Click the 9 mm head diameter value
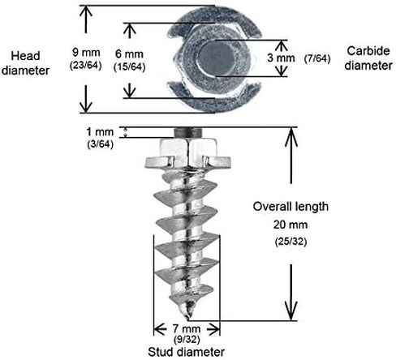tap(86, 53)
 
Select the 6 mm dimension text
tap(129, 54)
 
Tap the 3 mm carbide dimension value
tap(281, 58)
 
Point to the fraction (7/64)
tap(317, 58)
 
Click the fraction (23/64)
tap(86, 66)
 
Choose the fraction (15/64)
tap(129, 67)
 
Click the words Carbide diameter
tap(368, 58)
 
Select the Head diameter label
tap(25, 63)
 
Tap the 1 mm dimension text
tap(100, 132)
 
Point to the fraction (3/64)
tap(100, 144)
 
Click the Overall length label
tap(291, 207)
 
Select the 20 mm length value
tap(291, 225)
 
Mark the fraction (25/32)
tap(291, 242)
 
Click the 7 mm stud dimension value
tap(187, 328)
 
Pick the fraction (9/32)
tap(187, 340)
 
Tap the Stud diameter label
tap(187, 352)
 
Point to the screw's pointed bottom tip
tap(187, 317)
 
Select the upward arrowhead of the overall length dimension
tap(291, 137)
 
